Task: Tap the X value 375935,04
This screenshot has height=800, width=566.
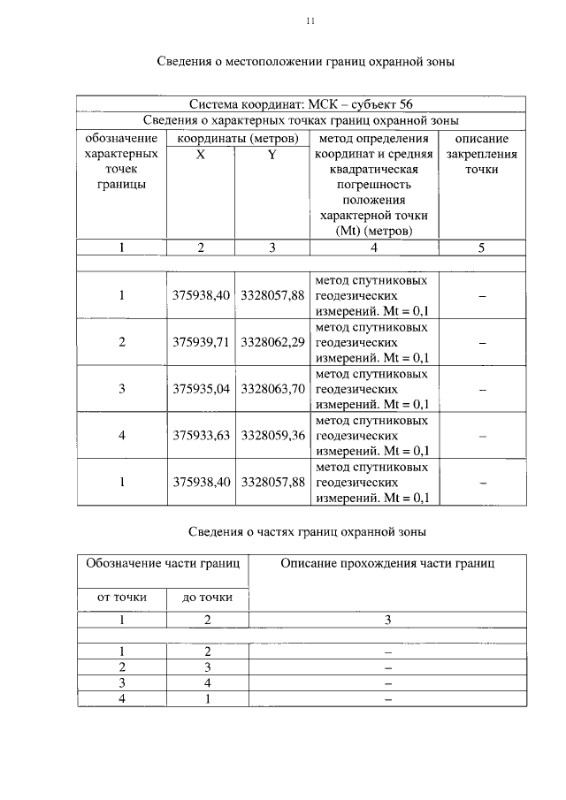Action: [201, 388]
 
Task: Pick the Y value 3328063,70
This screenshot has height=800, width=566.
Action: [272, 388]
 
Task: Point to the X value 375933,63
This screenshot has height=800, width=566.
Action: [201, 435]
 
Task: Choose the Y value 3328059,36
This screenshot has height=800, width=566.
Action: [272, 435]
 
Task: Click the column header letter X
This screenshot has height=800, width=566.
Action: [201, 154]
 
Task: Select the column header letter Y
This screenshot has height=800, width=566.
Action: [272, 154]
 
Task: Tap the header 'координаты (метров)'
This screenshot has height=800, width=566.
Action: [236, 139]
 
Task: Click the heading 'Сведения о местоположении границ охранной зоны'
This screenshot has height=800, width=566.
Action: [305, 62]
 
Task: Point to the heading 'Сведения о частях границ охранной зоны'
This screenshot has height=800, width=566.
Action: [308, 532]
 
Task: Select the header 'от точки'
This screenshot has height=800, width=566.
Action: [122, 598]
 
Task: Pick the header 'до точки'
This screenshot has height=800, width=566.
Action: [208, 598]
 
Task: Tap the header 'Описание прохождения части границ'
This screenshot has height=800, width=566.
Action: [387, 562]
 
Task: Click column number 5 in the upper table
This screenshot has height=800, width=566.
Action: [482, 248]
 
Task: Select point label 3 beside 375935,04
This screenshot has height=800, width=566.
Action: [122, 388]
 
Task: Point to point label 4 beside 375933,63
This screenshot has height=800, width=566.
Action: [122, 435]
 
